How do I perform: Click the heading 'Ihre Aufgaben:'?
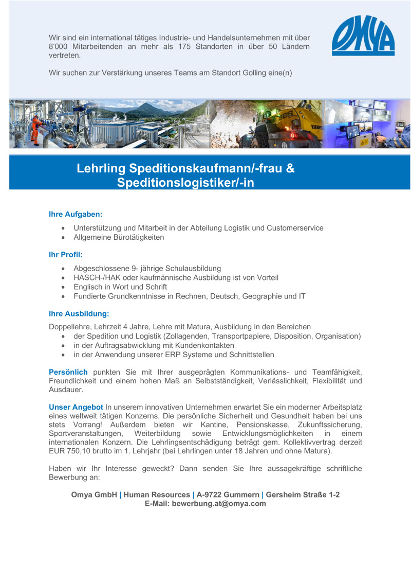76,214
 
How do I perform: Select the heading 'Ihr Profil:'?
65,254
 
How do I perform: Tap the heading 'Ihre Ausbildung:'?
79,313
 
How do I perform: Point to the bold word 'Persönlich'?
68,372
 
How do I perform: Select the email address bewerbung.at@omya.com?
219,504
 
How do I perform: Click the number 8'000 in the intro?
58,46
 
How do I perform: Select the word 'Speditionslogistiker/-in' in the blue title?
185,182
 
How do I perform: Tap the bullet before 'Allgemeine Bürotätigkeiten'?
63,237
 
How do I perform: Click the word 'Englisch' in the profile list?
88,287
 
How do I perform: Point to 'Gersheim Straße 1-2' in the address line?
303,494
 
